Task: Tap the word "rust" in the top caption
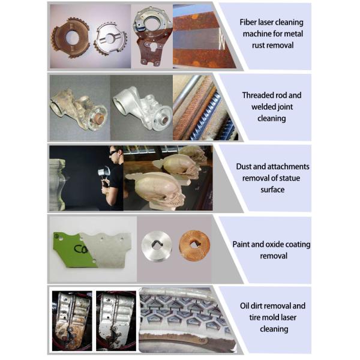[x=259, y=45]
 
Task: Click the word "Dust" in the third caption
[x=244, y=166]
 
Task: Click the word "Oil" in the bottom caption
[x=245, y=306]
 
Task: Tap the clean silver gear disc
[x=110, y=38]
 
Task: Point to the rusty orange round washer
[x=194, y=246]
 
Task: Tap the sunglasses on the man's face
[x=114, y=152]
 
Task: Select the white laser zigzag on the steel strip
[x=221, y=38]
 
